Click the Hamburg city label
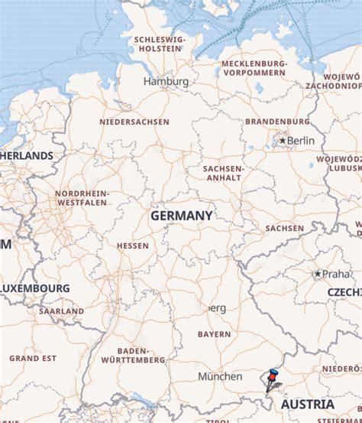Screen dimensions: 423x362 pos(166,81)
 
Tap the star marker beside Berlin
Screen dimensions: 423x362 pos(283,141)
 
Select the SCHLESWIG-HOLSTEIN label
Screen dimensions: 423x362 pos(159,44)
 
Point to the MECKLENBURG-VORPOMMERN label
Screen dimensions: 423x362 pos(254,69)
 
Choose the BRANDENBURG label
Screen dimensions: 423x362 pos(277,121)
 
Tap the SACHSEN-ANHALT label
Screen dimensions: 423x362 pos(223,173)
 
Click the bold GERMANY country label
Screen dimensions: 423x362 pos(181,216)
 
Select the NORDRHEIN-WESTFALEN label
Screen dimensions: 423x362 pos(82,199)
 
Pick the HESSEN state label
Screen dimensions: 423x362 pos(133,246)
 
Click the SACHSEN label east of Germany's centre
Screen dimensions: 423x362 pos(285,228)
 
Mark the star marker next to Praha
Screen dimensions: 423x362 pos(318,274)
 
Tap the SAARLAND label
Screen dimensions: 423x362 pos(62,311)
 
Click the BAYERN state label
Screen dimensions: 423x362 pos(214,334)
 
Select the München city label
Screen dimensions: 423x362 pos(220,376)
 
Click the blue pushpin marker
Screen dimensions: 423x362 pos(271,376)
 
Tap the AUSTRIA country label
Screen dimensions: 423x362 pos(308,404)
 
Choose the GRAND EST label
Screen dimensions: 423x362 pos(33,358)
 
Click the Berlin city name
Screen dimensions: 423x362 pos(301,141)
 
